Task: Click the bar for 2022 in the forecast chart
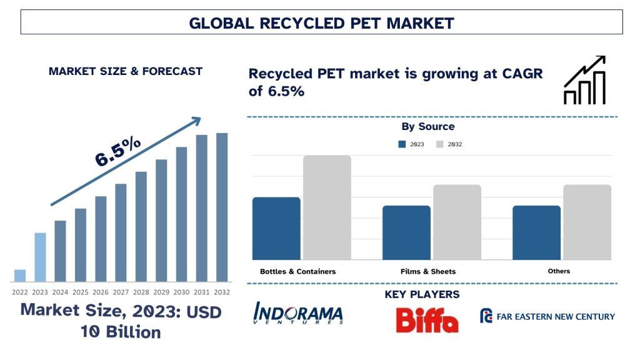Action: coord(20,276)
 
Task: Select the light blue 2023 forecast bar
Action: coord(40,257)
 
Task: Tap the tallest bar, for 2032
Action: coord(222,207)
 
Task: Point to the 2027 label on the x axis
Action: coord(121,292)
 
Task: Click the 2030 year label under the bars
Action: coord(181,292)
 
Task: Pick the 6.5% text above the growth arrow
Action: coord(118,152)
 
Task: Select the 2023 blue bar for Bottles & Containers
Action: coord(276,228)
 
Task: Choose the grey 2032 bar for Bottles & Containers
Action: coord(327,207)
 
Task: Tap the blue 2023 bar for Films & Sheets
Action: coord(406,232)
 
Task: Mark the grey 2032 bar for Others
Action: coord(587,222)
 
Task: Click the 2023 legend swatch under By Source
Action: coord(402,144)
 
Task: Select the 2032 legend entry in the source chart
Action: coord(448,144)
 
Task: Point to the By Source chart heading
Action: coord(428,127)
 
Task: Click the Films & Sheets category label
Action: coord(428,271)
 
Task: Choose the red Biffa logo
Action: coord(427,319)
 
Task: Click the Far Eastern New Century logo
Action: coord(547,316)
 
